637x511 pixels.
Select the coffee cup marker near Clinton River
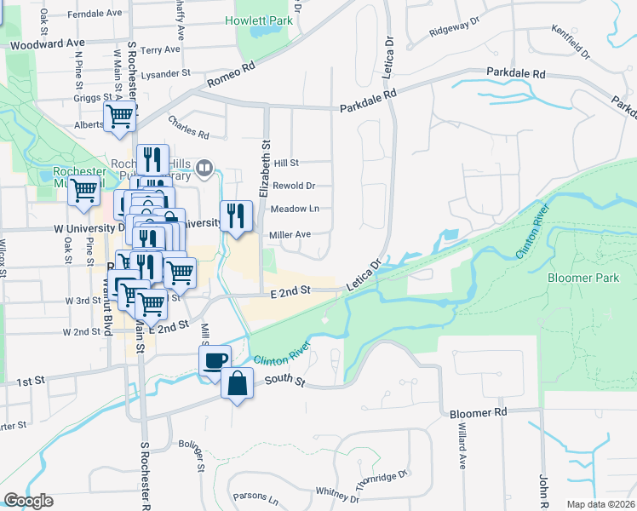tap(215, 359)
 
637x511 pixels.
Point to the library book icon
tap(204, 168)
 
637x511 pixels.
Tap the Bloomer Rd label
tap(479, 412)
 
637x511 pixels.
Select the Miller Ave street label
tap(290, 234)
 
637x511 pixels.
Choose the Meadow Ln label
tap(294, 209)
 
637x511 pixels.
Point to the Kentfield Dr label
tap(571, 43)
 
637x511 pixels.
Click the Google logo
tap(28, 501)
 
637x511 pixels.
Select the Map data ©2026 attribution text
tap(601, 504)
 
